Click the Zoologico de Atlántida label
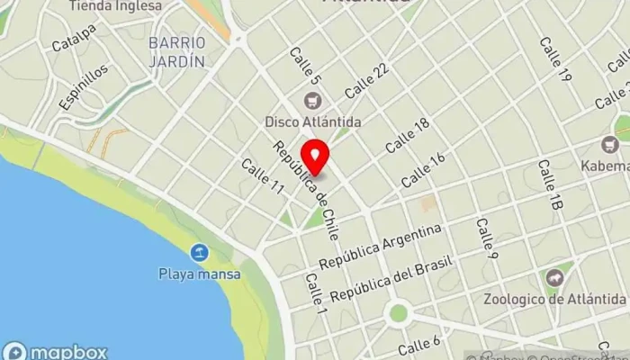[x=555, y=299]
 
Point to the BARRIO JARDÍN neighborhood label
[x=178, y=52]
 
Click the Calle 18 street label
[x=407, y=134]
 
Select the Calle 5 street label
[x=305, y=67]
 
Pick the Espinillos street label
[x=84, y=87]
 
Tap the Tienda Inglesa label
[x=116, y=5]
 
